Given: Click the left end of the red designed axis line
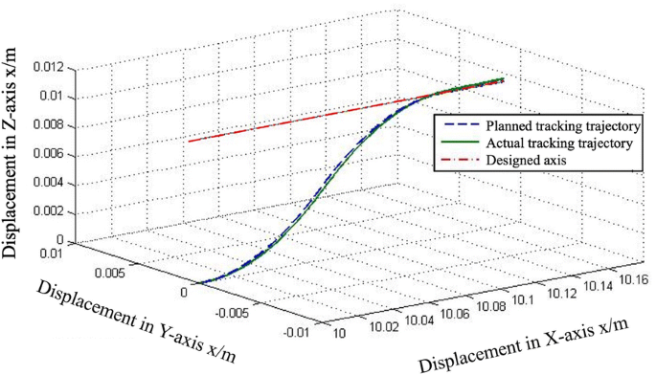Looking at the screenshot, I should tap(189, 141).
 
